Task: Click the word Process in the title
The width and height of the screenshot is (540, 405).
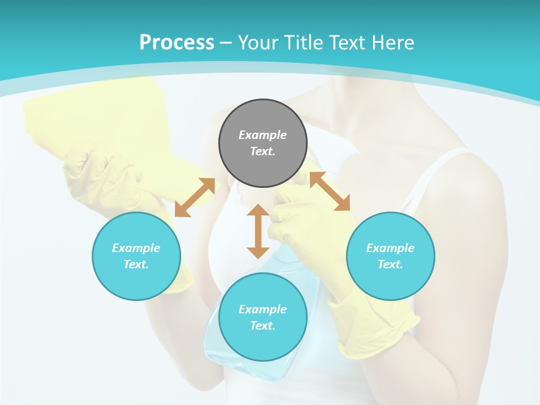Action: point(177,43)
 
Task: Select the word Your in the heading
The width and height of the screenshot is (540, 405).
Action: point(258,43)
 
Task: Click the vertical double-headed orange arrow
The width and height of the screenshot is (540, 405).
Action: point(258,231)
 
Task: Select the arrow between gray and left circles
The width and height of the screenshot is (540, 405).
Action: point(195,197)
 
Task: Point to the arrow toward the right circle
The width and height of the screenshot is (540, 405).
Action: point(330,191)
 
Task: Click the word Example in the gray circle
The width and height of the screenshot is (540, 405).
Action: point(263,135)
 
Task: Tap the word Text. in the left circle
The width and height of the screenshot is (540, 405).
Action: point(136,264)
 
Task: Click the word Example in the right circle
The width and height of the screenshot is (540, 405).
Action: point(390,248)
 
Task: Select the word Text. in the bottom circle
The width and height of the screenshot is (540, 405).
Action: point(263,326)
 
